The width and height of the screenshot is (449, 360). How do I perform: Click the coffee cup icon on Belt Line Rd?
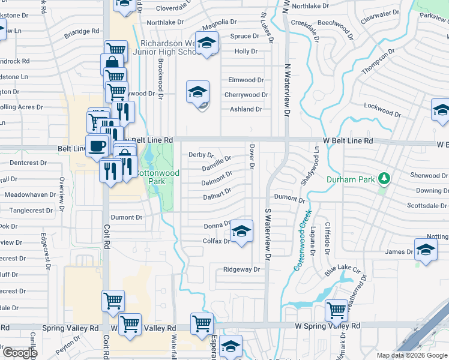[x=97, y=145]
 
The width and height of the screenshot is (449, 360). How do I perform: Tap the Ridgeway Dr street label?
[x=241, y=269]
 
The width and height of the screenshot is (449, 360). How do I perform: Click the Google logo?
[x=20, y=353]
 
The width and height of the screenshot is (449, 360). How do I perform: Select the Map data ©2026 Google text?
[x=412, y=355]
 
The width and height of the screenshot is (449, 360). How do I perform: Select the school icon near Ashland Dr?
[x=197, y=92]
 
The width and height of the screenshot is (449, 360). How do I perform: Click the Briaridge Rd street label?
[x=82, y=31]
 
